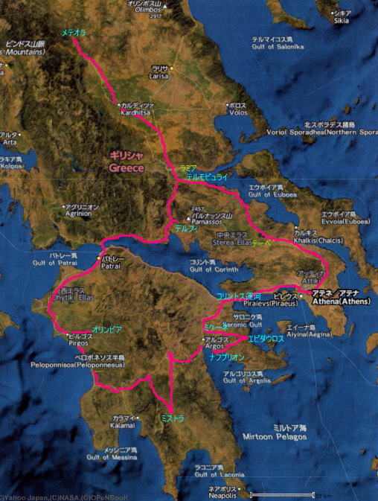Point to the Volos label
[236, 114]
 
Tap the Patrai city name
[112, 265]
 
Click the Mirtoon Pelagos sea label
[279, 437]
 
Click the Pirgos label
[81, 345]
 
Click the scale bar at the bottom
[290, 494]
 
